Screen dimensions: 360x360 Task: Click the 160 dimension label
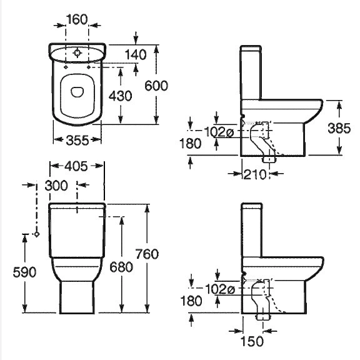[x=77, y=19]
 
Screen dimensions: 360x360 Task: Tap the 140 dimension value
[x=136, y=54]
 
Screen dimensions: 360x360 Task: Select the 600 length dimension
[x=156, y=86]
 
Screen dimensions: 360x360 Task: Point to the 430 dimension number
[x=120, y=96]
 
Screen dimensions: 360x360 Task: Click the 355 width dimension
[x=77, y=140]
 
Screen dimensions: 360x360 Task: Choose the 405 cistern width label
[x=76, y=166]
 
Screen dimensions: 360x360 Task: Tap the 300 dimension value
[x=56, y=186]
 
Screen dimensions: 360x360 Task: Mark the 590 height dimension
[x=24, y=272]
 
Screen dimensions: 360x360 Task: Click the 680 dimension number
[x=121, y=267]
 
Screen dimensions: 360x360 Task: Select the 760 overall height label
[x=147, y=254]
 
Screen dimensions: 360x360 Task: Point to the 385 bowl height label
[x=339, y=128]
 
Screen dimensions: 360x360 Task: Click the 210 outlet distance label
[x=254, y=174]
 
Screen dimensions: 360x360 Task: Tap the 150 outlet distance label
[x=252, y=341]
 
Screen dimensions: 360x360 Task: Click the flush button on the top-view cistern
[x=77, y=53]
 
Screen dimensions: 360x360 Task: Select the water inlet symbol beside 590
[x=36, y=234]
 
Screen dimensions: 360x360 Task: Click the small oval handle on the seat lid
[x=77, y=92]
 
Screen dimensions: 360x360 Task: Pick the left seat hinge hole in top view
[x=66, y=67]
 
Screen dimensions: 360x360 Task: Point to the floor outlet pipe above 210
[x=269, y=159]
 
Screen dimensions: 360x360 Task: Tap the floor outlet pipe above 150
[x=263, y=317]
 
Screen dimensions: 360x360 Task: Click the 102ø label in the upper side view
[x=219, y=132]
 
